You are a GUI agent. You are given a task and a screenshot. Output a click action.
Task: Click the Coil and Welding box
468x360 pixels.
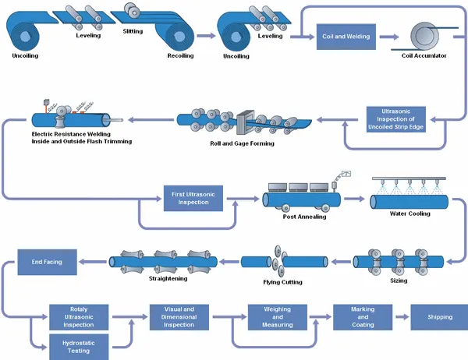pos(346,36)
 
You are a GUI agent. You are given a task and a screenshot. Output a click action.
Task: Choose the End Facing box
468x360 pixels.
pos(46,262)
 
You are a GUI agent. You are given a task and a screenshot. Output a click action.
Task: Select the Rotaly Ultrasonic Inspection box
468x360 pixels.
pos(79,317)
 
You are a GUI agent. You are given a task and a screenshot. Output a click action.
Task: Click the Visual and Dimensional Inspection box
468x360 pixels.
pos(178,317)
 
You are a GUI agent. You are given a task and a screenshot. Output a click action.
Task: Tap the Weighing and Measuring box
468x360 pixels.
pos(278,317)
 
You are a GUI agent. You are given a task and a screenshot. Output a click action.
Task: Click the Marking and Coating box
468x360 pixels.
pos(362,317)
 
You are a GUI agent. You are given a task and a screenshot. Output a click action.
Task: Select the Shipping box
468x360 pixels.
pos(439,317)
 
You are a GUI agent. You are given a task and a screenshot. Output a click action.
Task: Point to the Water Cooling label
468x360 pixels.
pos(409,214)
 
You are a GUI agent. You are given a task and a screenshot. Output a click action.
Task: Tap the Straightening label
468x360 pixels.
pos(167,278)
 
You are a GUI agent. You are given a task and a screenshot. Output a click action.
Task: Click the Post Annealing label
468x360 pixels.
pos(304,217)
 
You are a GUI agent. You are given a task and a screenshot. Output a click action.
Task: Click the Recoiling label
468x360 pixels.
pos(181,56)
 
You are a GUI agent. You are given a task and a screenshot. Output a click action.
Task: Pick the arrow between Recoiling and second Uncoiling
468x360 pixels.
pos(205,36)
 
